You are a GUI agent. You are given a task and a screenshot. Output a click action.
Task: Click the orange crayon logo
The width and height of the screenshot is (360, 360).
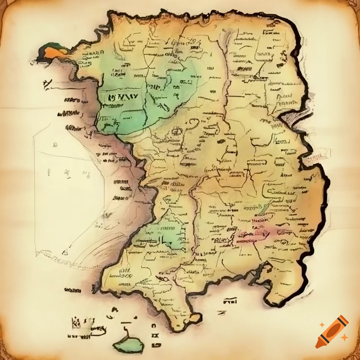332,332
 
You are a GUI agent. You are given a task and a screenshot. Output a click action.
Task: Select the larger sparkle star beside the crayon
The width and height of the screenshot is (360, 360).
345,337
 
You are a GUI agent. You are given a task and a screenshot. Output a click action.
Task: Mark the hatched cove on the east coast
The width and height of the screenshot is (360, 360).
294,120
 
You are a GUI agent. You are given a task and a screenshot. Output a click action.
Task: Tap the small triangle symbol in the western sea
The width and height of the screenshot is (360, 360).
65,252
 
